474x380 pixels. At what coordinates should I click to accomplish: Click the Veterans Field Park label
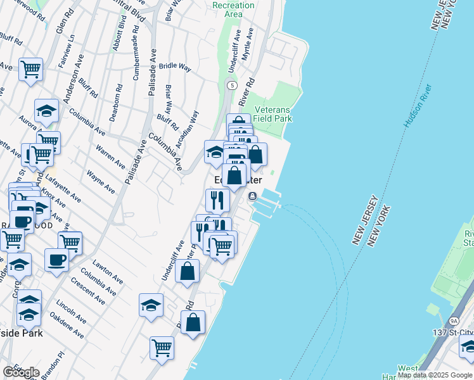(272, 113)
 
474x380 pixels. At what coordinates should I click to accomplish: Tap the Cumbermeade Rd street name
(136, 51)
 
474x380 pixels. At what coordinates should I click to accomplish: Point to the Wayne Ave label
(101, 180)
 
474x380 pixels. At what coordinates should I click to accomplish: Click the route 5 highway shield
(233, 85)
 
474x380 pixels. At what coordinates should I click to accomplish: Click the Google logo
(21, 372)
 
